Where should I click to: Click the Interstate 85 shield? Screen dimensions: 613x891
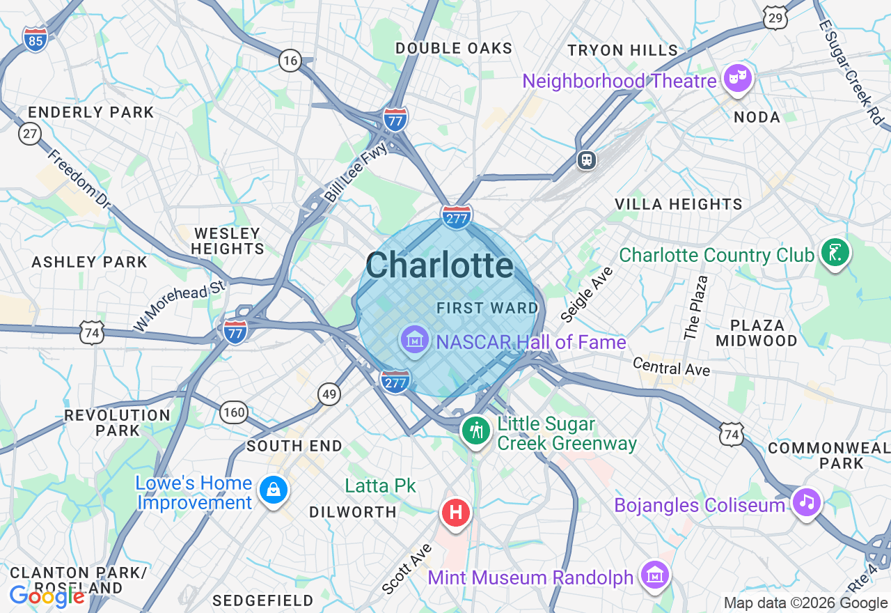(35, 39)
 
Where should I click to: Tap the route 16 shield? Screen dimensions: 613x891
(290, 61)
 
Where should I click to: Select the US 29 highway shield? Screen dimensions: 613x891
(775, 18)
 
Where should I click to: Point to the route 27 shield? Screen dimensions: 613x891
(29, 133)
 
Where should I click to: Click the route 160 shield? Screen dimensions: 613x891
(234, 412)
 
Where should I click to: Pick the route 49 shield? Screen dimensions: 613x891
(329, 394)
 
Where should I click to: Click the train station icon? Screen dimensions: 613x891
(588, 160)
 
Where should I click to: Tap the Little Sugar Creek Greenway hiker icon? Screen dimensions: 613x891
(476, 430)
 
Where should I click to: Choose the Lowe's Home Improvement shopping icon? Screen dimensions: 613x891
(274, 490)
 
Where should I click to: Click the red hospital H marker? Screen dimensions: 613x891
(456, 513)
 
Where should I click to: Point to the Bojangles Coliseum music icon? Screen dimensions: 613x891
(806, 502)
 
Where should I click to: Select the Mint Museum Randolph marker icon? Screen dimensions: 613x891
(655, 575)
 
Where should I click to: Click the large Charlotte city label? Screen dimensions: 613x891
(439, 265)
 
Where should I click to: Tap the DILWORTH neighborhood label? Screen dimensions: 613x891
(353, 512)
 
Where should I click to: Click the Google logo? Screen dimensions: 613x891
(47, 596)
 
